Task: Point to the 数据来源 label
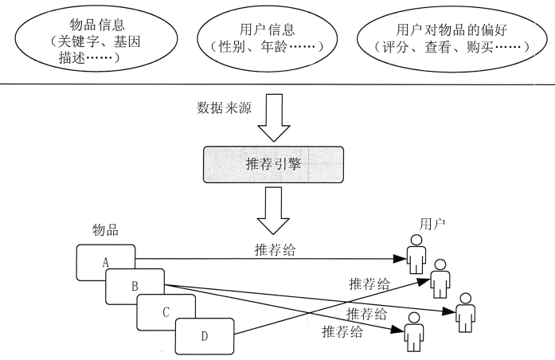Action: [223, 108]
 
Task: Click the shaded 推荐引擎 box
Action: [273, 167]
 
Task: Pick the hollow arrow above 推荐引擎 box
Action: [273, 118]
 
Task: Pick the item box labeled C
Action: [166, 311]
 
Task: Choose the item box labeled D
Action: [204, 336]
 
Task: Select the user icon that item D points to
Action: [439, 277]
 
